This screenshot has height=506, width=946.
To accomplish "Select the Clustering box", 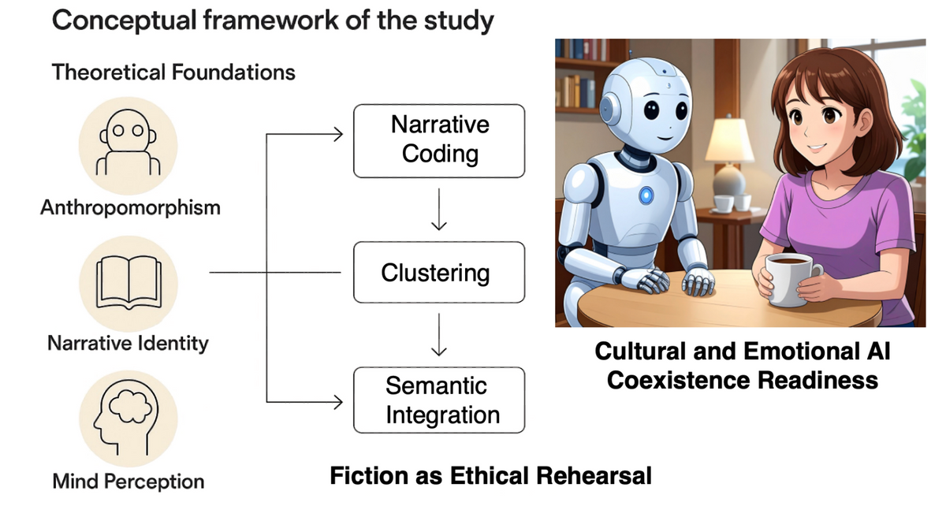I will (439, 273).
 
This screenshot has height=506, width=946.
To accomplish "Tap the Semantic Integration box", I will (439, 400).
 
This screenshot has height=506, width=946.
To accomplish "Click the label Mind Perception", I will (128, 481).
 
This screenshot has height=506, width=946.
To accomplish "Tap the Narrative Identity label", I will (128, 344).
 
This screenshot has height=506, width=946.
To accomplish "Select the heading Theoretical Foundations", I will (173, 73).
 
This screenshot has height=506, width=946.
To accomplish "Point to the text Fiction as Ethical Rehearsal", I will (491, 476).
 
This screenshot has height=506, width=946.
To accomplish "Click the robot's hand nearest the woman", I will (698, 281).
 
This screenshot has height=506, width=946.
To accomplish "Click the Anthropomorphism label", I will (131, 208).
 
